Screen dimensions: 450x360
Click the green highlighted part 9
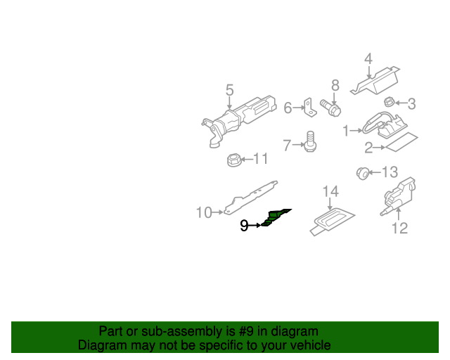pos(275,218)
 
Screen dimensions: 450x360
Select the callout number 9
pos(244,226)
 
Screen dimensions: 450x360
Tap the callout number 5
pos(230,91)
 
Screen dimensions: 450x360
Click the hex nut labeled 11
pos(233,160)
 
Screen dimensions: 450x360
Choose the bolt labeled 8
pos(331,108)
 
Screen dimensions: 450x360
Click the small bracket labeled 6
pos(310,108)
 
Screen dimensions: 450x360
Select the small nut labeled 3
pos(389,102)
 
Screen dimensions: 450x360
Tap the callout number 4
pos(368,58)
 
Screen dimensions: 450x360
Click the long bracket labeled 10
pos(250,197)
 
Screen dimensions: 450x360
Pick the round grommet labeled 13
pos(363,173)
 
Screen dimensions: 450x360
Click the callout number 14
pos(330,191)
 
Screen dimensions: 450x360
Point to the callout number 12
pos(399,229)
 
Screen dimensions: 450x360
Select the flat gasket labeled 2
pos(401,142)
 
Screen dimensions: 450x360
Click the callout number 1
pos(346,131)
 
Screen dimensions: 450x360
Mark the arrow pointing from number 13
pos(375,172)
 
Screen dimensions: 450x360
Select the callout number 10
pos(204,213)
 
